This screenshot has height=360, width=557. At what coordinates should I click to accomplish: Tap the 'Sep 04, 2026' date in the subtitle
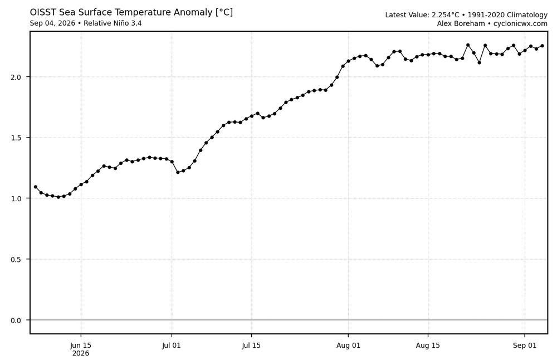[x=52, y=23]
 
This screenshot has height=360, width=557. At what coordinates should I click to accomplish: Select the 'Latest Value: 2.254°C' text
[x=422, y=15]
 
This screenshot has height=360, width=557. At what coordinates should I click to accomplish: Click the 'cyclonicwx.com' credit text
[x=520, y=24]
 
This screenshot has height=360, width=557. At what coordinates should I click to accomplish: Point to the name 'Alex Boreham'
[x=461, y=24]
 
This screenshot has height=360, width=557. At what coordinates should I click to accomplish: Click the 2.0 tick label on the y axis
[x=16, y=77]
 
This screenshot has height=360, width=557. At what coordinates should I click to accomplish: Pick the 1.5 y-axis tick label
[x=16, y=138]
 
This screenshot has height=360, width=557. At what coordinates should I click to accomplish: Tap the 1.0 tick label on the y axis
[x=16, y=198]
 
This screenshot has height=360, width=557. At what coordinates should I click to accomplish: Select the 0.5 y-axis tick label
[x=16, y=260]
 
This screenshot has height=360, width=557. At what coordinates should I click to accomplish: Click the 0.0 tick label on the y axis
[x=16, y=320]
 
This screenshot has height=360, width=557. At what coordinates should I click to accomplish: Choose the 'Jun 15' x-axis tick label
[x=81, y=346]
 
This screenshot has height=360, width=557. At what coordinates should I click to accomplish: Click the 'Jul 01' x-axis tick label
[x=172, y=346]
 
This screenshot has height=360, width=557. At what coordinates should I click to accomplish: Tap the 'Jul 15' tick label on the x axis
[x=251, y=346]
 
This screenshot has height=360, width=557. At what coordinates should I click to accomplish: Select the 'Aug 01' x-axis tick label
[x=348, y=346]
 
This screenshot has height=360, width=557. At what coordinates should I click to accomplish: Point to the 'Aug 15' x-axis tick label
[x=428, y=346]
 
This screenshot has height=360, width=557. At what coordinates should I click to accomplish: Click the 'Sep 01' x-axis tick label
[x=525, y=346]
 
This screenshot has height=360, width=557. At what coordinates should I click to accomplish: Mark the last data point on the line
[x=542, y=46]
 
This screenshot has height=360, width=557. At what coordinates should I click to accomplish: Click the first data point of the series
[x=36, y=187]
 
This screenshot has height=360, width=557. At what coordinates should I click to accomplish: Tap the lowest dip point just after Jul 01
[x=178, y=172]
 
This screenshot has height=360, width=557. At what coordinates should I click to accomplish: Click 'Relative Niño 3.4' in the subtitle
[x=113, y=23]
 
